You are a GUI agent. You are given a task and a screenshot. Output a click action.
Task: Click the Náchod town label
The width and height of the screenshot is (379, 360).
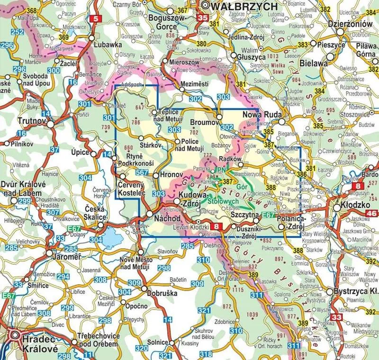point(167,219)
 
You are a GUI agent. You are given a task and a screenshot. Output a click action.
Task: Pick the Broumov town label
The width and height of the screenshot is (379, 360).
point(202,122)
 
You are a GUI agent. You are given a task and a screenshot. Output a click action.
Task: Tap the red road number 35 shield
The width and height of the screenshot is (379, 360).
point(202,19)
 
